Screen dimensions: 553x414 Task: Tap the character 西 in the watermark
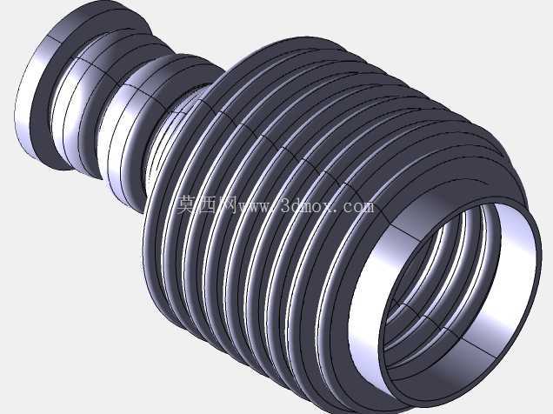click(x=208, y=204)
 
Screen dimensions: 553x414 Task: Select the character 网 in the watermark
click(x=228, y=204)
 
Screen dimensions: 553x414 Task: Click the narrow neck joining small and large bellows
click(x=166, y=141)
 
